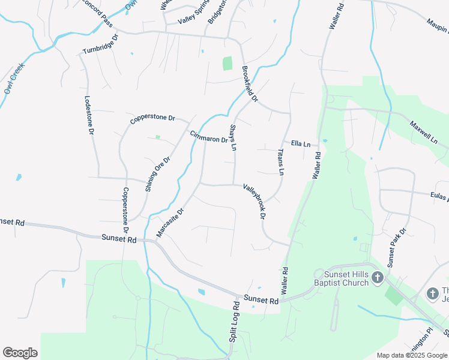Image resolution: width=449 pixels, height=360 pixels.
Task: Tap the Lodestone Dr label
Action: point(89,115)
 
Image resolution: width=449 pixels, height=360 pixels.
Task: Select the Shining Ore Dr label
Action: point(158,174)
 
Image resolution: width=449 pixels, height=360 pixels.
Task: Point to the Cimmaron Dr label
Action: point(208,137)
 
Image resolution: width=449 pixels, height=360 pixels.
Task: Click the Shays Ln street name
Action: point(234,137)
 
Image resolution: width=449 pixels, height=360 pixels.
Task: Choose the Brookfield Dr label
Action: point(250,84)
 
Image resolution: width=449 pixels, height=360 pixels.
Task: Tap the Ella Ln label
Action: point(300,144)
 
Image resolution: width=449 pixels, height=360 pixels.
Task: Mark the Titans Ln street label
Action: point(280,162)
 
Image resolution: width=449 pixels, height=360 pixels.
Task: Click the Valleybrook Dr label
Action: point(255,201)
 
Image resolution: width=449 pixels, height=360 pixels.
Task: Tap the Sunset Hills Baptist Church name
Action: point(342,278)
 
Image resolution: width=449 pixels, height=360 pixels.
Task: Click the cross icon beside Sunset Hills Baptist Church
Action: point(377,277)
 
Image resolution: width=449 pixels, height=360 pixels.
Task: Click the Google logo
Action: point(20,353)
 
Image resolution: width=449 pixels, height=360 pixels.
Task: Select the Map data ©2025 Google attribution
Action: point(412,355)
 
